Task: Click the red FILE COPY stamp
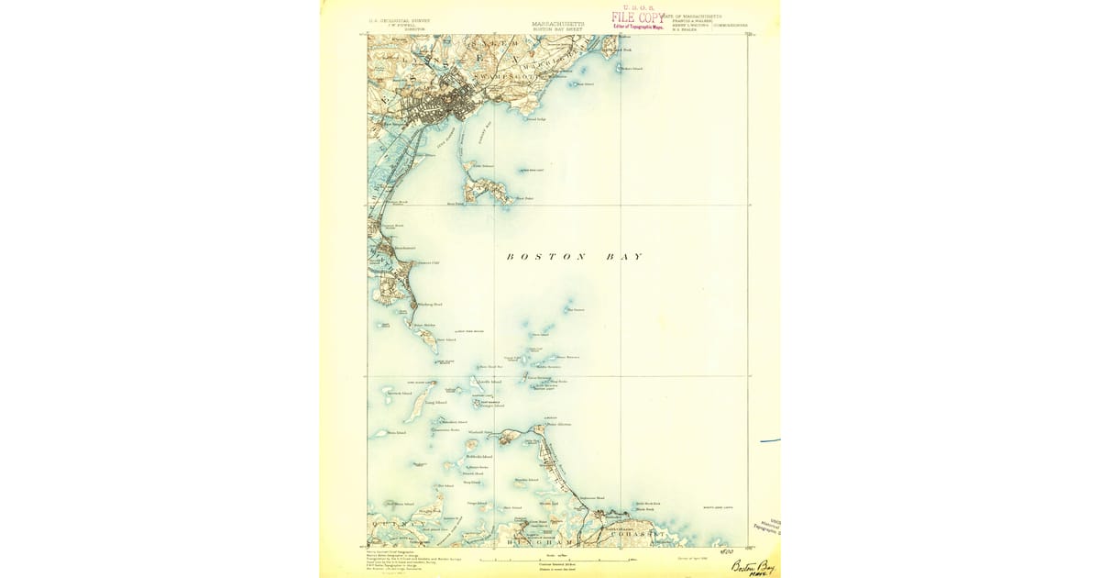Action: point(638,17)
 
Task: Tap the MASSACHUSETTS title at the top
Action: point(557,24)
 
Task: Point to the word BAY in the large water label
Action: point(624,257)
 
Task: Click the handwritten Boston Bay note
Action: point(753,566)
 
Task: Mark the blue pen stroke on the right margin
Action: point(770,441)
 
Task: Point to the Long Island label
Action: point(436,402)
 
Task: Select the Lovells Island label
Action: point(489,382)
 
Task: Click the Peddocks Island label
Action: point(478,456)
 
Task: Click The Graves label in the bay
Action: point(577,309)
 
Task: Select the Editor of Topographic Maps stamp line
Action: point(639,27)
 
